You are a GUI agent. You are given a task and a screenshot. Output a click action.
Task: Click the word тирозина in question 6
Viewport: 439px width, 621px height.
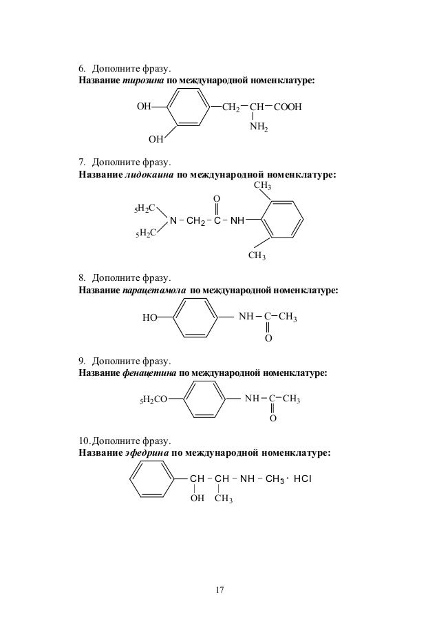coord(142,82)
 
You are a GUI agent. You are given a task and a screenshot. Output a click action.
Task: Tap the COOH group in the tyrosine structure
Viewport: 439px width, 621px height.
coord(288,108)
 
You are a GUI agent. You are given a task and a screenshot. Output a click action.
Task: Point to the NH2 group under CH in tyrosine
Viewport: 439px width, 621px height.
coord(259,127)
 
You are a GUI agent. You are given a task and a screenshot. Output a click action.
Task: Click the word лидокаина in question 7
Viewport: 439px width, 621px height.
coord(149,175)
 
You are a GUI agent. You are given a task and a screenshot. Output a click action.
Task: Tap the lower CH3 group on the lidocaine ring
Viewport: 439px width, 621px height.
coord(257,257)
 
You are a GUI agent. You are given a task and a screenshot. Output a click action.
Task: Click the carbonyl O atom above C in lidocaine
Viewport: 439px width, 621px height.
coord(217,200)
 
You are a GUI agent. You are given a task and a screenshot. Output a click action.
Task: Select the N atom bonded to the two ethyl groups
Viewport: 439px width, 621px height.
coord(173,220)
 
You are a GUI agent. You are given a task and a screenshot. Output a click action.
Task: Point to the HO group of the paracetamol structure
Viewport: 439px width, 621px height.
coord(147,318)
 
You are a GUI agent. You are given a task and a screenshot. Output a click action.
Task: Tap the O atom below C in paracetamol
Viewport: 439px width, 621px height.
coord(268,339)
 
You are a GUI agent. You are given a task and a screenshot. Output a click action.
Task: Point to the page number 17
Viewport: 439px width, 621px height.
coord(219,590)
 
